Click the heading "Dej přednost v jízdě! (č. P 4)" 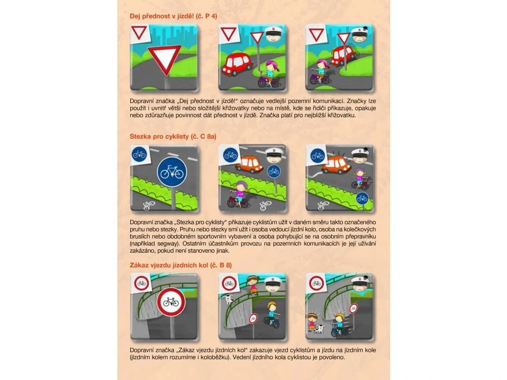[x=173, y=16]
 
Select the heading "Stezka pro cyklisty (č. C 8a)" [x=173, y=137]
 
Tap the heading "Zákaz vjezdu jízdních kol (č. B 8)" [x=181, y=265]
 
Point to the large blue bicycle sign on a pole [x=172, y=172]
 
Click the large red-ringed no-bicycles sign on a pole [x=171, y=302]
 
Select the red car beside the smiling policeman [x=237, y=64]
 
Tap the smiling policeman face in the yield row [x=274, y=35]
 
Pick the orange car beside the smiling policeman [x=249, y=163]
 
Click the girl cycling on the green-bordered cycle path [x=238, y=194]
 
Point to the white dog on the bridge [x=228, y=299]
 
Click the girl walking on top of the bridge [x=252, y=285]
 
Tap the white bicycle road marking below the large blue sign [x=149, y=205]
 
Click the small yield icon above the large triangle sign [x=139, y=33]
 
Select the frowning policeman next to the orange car [x=360, y=156]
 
